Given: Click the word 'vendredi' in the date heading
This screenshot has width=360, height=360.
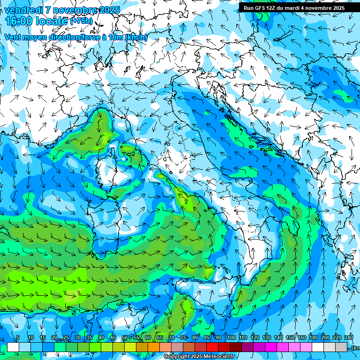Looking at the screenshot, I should [22, 10].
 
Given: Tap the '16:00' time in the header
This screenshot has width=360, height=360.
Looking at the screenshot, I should [19, 21].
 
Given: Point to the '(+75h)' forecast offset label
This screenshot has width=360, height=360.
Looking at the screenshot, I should [81, 21].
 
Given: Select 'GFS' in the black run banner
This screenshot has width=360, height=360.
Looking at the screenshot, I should [259, 8].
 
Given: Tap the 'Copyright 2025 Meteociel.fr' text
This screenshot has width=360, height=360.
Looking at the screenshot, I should [199, 357].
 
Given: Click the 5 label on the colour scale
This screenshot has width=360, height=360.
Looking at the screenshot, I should [18, 338].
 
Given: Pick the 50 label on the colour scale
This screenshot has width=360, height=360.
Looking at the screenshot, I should [124, 338].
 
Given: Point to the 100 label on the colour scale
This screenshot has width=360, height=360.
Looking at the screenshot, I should [231, 338].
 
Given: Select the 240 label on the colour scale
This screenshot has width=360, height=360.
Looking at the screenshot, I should [349, 338].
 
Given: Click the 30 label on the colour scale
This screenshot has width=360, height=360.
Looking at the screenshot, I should [77, 338].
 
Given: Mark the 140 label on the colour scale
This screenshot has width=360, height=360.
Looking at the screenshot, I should [278, 338].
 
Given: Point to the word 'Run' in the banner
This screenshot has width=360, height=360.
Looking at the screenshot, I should [248, 8].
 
